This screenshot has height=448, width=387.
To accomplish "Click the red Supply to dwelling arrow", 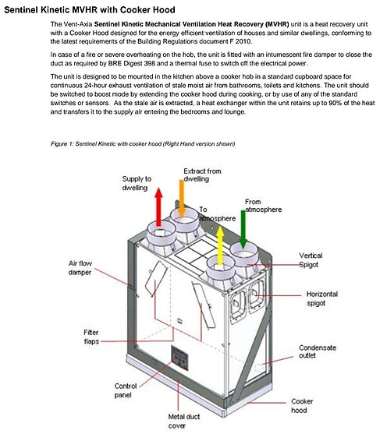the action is click(x=158, y=206).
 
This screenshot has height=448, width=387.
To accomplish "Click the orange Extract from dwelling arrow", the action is click(x=181, y=199).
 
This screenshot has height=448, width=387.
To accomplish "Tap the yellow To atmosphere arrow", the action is click(x=220, y=245).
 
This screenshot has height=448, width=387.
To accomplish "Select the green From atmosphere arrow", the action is click(x=243, y=229).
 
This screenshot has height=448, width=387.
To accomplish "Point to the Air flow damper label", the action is click(x=80, y=268).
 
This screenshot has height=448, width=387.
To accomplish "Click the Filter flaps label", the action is click(x=91, y=337).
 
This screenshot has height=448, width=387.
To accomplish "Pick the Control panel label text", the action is click(x=126, y=390).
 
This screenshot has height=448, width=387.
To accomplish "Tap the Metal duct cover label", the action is click(x=183, y=422).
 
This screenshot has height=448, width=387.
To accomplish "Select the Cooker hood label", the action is click(x=302, y=406).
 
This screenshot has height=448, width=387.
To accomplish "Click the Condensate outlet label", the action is click(x=318, y=351).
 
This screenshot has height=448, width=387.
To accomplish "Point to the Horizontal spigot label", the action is click(x=321, y=298).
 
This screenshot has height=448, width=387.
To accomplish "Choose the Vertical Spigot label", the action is click(x=311, y=260).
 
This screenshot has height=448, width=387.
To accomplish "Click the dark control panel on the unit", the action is click(x=179, y=358).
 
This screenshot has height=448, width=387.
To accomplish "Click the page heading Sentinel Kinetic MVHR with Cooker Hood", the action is click(x=90, y=9).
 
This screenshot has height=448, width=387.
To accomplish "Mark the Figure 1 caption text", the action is click(x=143, y=143).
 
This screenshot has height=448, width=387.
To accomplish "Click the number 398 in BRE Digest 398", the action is click(x=149, y=63).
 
